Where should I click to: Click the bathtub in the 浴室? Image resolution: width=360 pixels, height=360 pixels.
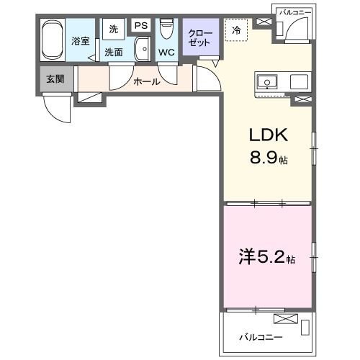(53, 41)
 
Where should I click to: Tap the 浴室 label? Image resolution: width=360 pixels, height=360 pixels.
(80, 41)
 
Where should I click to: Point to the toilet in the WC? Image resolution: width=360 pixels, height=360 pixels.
(167, 30)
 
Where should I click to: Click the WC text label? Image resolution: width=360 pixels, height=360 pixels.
(165, 53)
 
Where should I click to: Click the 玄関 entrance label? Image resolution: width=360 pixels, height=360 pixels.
(55, 78)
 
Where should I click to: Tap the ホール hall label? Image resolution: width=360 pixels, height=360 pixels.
(146, 81)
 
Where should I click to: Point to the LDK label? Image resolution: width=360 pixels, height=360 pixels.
(268, 135)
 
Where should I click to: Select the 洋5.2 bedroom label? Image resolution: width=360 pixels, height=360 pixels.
(264, 257)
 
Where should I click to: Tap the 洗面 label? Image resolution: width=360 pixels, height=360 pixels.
(114, 52)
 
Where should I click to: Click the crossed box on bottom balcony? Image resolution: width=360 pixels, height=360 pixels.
(284, 319)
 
